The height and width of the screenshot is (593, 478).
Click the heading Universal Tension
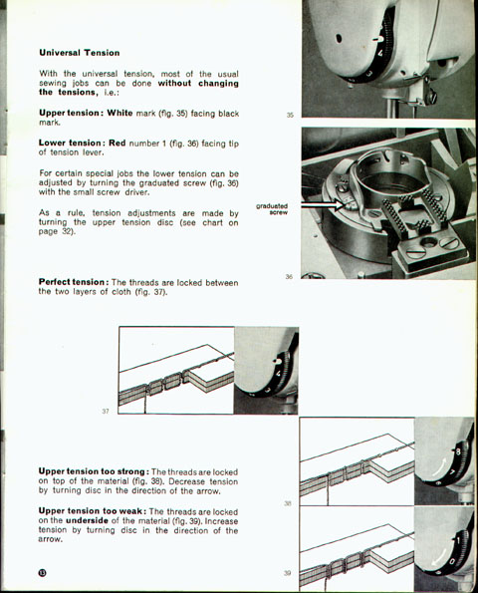coord(80,53)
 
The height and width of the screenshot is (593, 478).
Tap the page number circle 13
coord(42,573)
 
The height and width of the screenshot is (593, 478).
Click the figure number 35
coord(290,115)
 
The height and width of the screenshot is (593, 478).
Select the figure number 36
coord(289,276)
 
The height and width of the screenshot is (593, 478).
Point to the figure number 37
coord(106,411)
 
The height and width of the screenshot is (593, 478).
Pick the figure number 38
coord(288,503)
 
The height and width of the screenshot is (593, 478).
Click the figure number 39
coord(288,573)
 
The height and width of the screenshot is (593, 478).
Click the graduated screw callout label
coord(272,209)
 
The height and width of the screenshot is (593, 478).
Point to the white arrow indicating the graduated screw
coord(323,205)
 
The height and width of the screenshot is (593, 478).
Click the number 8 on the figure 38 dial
coord(458,451)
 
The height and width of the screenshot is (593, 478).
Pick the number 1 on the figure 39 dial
coord(458,540)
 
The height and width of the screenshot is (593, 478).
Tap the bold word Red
coord(118,143)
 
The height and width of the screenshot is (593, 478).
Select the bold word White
coord(119,113)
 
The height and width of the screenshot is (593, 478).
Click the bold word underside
coord(87,520)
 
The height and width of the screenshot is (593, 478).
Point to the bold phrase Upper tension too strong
coord(93,471)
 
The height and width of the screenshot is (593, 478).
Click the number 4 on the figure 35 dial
coord(380,53)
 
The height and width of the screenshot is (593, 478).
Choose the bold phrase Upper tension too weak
coord(91,511)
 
